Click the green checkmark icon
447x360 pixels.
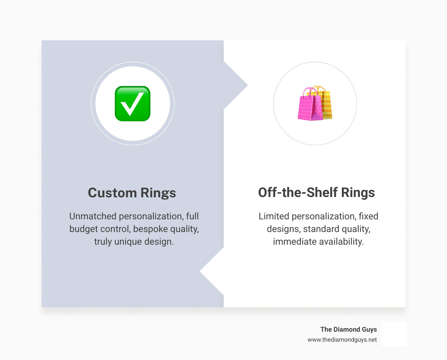point(132,104)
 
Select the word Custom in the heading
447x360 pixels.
point(112,193)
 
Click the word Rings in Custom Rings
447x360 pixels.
point(158,193)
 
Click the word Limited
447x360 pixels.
point(274,216)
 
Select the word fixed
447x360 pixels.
point(368,216)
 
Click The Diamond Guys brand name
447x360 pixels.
point(348,329)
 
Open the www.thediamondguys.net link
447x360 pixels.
point(342,340)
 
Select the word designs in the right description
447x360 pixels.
point(283,229)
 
